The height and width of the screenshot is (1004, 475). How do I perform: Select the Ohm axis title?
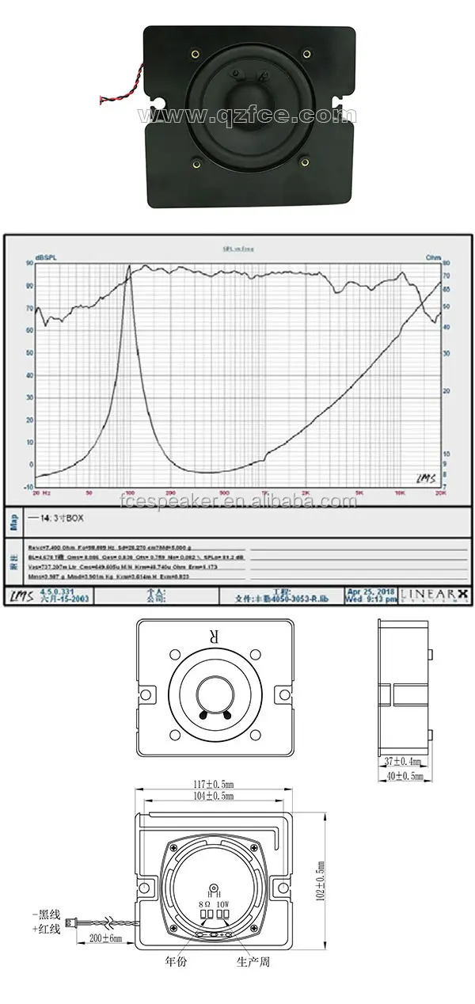pos(433,258)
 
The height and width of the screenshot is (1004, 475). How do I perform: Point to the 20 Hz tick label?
pos(41,492)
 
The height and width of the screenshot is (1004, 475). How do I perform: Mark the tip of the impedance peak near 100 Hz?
pos(129,267)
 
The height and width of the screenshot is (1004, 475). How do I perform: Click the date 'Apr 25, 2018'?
pos(372,590)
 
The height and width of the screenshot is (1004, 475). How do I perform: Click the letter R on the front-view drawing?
pos(212,636)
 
